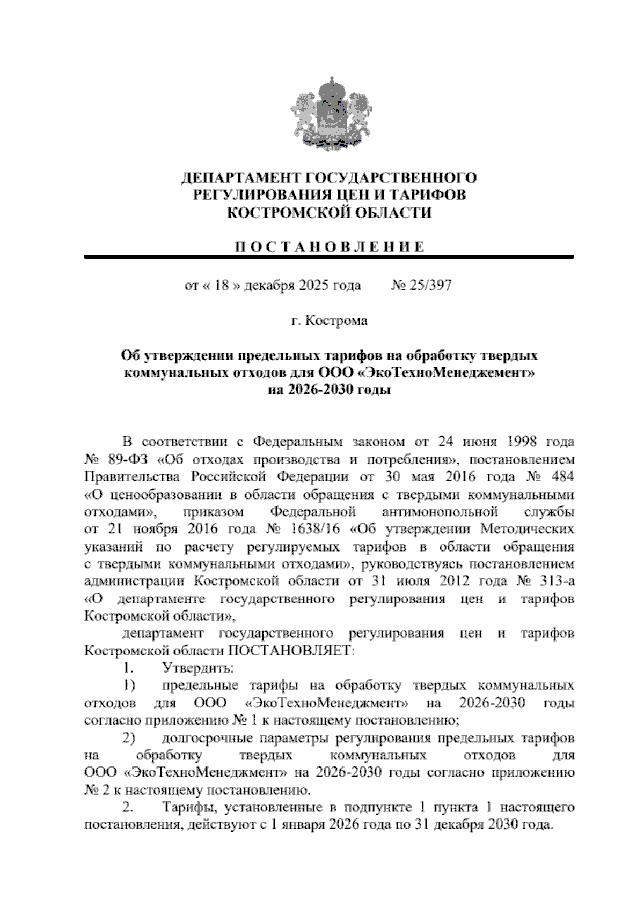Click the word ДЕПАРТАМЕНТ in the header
239,177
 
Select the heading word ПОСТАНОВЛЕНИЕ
329,247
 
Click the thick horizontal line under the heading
329,258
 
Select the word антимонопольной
440,512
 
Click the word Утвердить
197,668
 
